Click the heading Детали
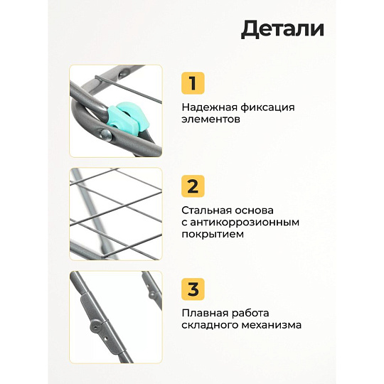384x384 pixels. (x=282, y=29)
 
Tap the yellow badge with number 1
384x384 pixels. (x=193, y=83)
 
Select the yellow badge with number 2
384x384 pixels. (x=193, y=186)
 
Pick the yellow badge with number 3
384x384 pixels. (x=193, y=289)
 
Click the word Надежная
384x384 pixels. (x=209, y=108)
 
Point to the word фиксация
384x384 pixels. (x=267, y=108)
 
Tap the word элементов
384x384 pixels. (x=210, y=119)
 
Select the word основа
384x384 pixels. (x=254, y=210)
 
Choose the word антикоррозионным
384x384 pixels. (x=245, y=223)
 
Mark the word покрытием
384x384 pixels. (x=213, y=235)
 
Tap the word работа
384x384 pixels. (x=250, y=313)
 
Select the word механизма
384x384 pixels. (x=272, y=325)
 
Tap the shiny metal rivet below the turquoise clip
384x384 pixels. (x=106, y=134)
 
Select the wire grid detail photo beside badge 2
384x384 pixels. (x=116, y=214)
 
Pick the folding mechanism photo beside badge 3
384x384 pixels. (x=116, y=317)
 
